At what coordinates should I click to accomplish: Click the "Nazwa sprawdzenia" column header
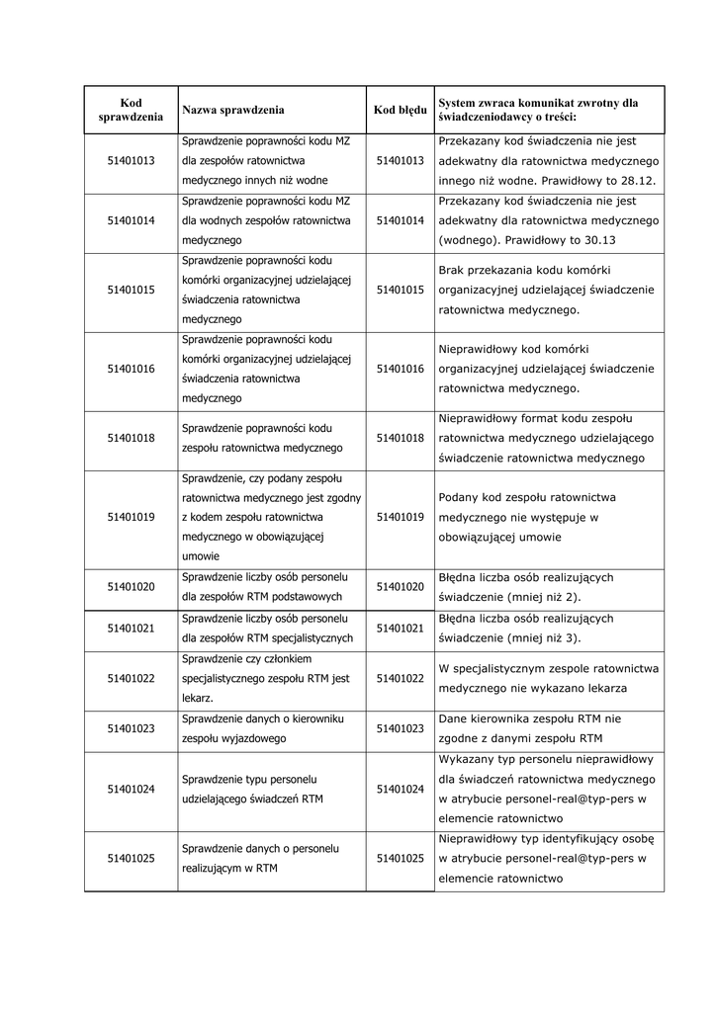click(232, 110)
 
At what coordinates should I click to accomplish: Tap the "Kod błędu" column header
click(401, 110)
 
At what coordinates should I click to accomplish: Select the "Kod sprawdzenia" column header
click(131, 110)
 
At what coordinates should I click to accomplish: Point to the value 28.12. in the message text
click(646, 180)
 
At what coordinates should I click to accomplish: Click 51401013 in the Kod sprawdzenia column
click(131, 160)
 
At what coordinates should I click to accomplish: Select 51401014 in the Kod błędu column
click(401, 220)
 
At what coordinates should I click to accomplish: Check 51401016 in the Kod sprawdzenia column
click(131, 369)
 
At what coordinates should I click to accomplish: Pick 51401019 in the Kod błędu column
click(401, 517)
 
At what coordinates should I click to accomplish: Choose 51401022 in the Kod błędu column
click(401, 678)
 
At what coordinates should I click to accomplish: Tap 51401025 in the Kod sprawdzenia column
click(131, 859)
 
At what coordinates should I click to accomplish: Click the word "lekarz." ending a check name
click(198, 698)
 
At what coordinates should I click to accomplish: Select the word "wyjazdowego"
click(245, 738)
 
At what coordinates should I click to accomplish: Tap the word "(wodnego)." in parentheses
click(470, 240)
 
